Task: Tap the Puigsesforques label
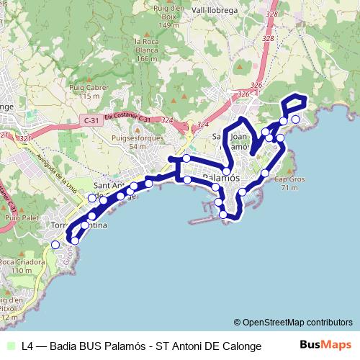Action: [x=137, y=138]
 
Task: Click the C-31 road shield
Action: [x=91, y=120]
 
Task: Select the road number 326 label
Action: [x=243, y=94]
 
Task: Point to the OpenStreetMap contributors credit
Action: [x=293, y=322]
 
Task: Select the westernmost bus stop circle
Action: [x=55, y=245]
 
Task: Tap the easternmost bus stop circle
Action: [x=295, y=119]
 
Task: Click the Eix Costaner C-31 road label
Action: [x=130, y=116]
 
